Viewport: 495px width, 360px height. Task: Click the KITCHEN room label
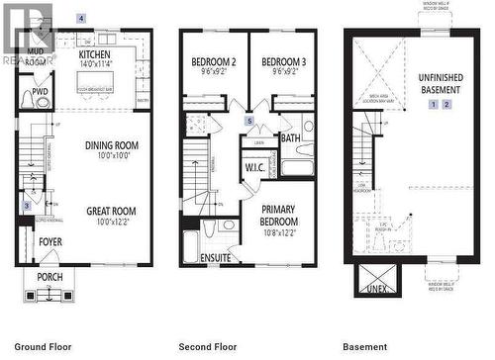click(96, 55)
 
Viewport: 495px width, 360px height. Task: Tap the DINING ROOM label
click(111, 145)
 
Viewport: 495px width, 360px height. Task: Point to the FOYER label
click(49, 241)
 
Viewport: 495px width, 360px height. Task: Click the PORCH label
click(49, 277)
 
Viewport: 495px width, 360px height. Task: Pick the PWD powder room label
click(40, 92)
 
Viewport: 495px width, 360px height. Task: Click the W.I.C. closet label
click(254, 167)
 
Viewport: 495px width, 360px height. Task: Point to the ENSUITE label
click(215, 258)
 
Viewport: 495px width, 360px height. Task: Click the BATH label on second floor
click(290, 138)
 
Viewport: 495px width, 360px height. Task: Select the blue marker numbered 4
click(81, 19)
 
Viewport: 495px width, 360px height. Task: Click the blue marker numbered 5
click(249, 122)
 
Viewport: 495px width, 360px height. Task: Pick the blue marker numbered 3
click(28, 205)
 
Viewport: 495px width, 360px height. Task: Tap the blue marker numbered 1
click(434, 104)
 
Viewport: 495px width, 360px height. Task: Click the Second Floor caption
click(208, 347)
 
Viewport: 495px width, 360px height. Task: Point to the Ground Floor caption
click(44, 347)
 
